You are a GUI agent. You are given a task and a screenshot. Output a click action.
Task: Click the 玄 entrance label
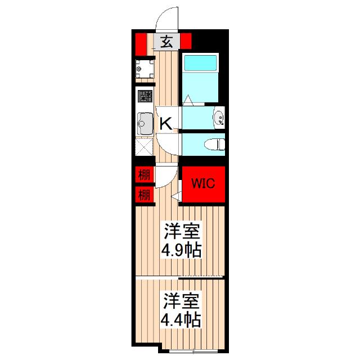point(167,41)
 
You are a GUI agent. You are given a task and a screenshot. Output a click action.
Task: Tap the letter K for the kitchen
point(166,123)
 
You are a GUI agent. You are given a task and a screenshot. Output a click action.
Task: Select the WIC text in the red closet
point(202,183)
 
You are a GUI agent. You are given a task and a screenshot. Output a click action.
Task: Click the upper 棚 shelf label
point(144,174)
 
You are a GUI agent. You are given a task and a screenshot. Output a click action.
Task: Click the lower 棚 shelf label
point(144,195)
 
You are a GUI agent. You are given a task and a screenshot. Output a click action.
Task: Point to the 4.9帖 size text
point(181,250)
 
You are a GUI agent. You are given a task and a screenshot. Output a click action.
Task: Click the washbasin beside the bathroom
point(219,118)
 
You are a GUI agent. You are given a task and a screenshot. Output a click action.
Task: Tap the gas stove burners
point(144,96)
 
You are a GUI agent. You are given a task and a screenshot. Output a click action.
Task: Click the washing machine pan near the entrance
point(143,70)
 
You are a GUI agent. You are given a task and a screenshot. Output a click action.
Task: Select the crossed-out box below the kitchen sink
point(144,146)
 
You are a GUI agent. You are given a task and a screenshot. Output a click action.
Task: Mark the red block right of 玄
point(186,40)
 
